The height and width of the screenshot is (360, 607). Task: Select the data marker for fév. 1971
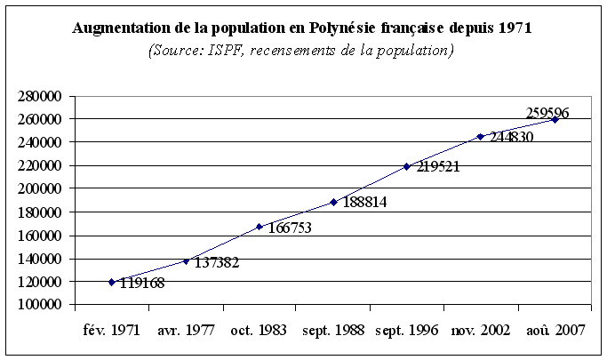(112, 282)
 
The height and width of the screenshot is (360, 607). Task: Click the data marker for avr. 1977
(186, 260)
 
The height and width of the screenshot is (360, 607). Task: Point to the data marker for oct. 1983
(260, 227)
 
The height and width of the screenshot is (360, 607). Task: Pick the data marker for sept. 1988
(333, 202)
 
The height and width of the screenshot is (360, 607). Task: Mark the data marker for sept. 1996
(407, 166)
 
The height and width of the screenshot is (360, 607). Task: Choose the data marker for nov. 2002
(481, 136)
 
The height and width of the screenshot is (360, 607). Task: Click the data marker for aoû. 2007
(555, 119)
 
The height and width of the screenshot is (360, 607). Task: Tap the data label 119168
(141, 284)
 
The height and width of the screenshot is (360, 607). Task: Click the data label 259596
(547, 113)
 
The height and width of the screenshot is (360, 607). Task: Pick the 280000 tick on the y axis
(38, 96)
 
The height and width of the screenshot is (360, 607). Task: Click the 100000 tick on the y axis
(38, 305)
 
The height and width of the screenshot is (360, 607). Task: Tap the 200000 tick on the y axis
(38, 189)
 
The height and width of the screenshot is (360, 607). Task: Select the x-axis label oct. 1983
(259, 329)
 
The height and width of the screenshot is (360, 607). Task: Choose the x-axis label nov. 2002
(480, 329)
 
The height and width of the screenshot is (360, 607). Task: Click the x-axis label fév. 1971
(111, 329)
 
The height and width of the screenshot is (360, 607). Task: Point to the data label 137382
(216, 263)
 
